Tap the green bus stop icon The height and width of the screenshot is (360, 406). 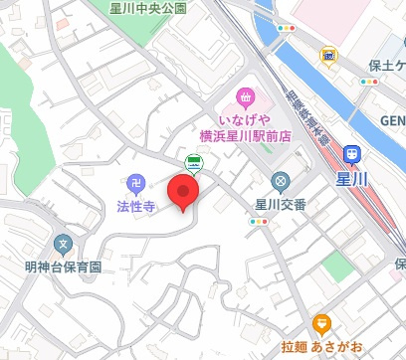(x=192, y=165)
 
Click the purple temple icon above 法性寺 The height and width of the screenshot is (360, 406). (x=134, y=183)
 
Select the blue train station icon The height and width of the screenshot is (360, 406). (x=351, y=154)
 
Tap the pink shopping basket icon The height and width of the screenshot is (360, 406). (x=245, y=98)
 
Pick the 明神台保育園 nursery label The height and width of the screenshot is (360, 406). (x=64, y=268)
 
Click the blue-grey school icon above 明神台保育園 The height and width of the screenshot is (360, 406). (x=64, y=244)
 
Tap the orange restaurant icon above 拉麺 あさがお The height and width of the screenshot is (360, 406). (x=320, y=323)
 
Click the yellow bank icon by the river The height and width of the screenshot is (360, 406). (x=327, y=56)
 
